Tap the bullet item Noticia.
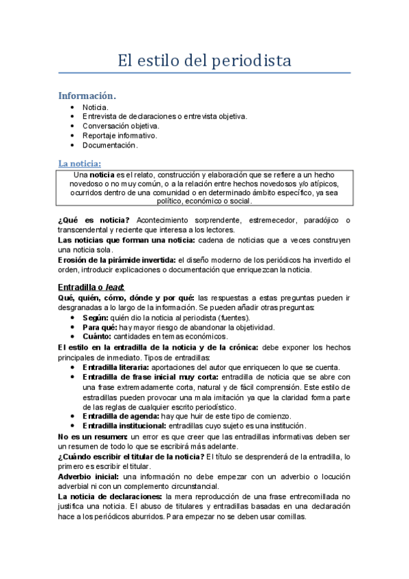point(95,107)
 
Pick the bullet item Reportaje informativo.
point(119,135)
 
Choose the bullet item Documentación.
point(110,145)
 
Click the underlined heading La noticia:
point(80,163)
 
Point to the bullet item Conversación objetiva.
point(120,126)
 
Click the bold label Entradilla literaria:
point(120,367)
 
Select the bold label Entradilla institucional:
point(125,426)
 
